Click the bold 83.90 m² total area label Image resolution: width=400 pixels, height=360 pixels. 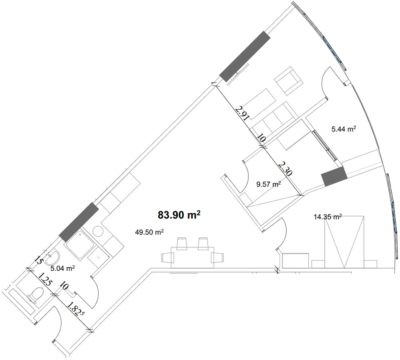pyautogui.click(x=179, y=215)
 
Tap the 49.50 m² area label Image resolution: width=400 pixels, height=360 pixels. pyautogui.click(x=149, y=232)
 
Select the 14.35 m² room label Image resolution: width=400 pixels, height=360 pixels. pyautogui.click(x=328, y=217)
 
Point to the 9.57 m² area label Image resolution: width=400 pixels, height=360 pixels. pyautogui.click(x=269, y=184)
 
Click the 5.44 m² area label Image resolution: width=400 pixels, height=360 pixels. pyautogui.click(x=344, y=129)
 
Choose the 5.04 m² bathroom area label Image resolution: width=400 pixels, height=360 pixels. pyautogui.click(x=62, y=268)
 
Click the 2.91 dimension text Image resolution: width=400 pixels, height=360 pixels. pyautogui.click(x=242, y=113)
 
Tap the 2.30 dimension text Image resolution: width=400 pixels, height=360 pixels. pyautogui.click(x=285, y=169)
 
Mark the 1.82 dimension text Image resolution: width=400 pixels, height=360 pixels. pyautogui.click(x=75, y=308)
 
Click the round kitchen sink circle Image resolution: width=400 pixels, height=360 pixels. pyautogui.click(x=98, y=232)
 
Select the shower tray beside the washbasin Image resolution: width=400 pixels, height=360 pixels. pyautogui.click(x=80, y=244)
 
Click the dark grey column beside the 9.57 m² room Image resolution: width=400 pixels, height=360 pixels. pyautogui.click(x=334, y=176)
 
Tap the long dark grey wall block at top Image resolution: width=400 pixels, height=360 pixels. pyautogui.click(x=245, y=56)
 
